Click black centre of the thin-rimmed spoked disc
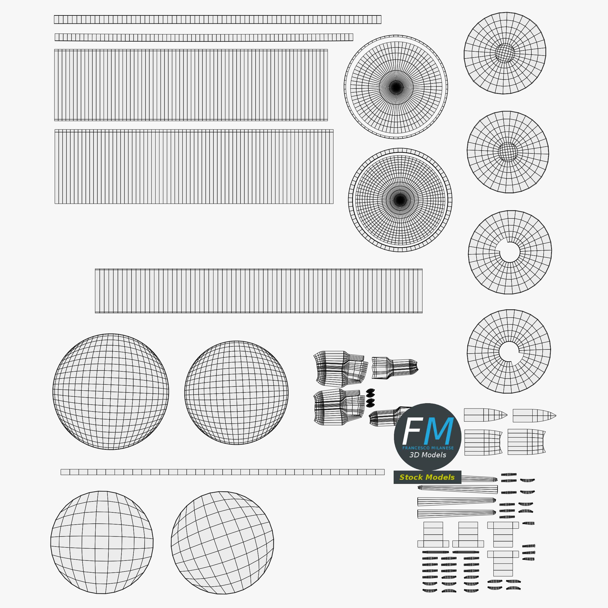pyautogui.click(x=396, y=87)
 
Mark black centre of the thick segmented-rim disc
pyautogui.click(x=400, y=200)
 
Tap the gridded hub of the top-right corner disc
pyautogui.click(x=505, y=53)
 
